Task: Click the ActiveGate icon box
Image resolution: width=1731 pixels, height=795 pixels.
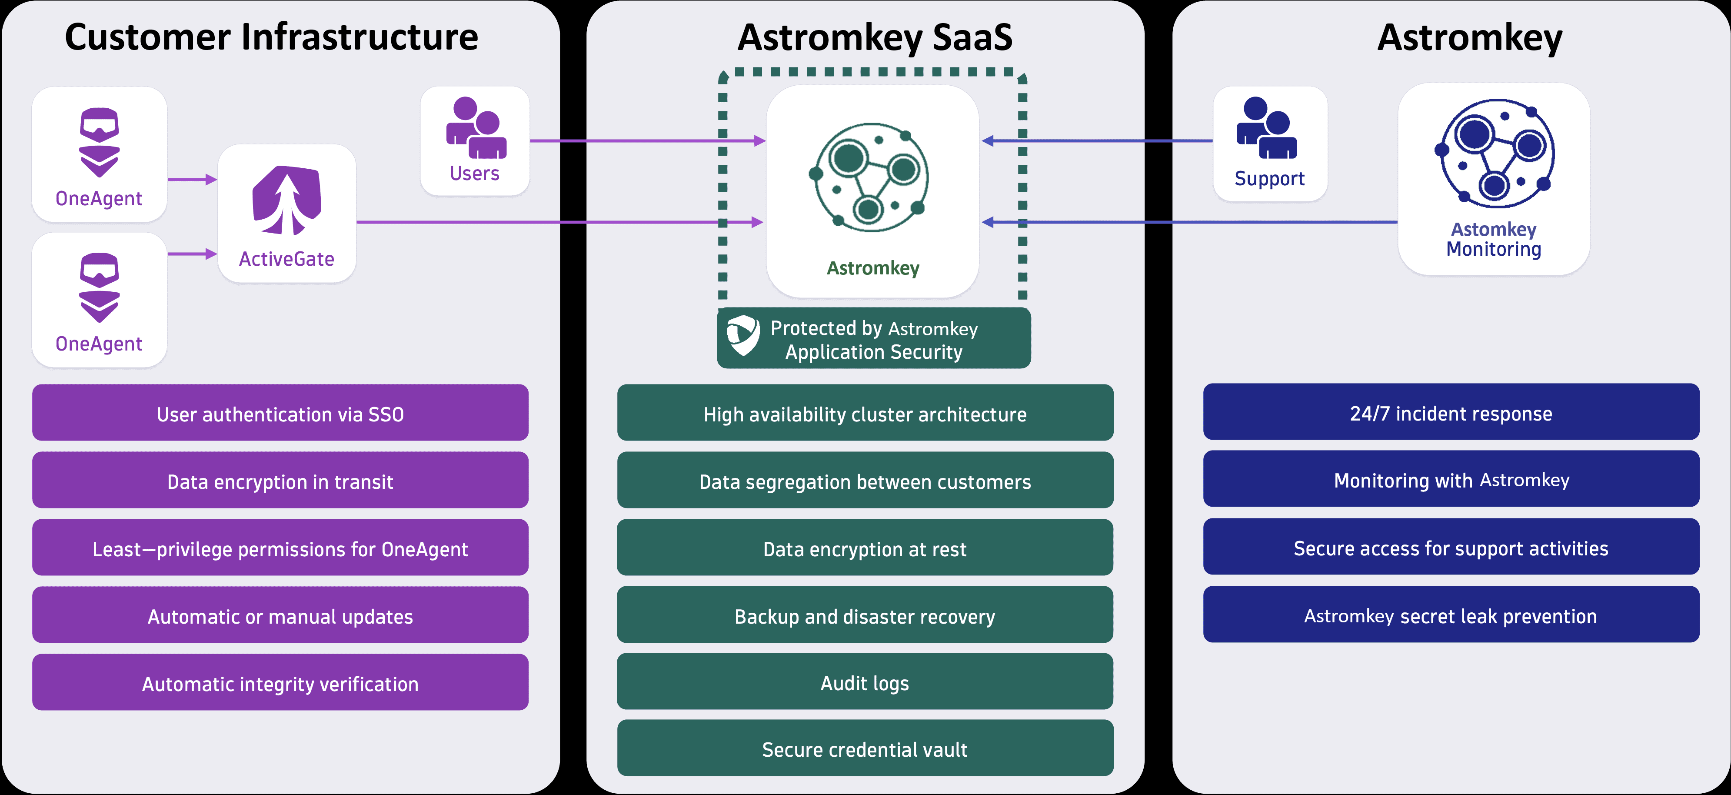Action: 287,214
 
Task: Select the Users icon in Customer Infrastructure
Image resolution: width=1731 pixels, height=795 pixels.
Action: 476,128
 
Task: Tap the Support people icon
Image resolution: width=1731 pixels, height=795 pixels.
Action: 1267,128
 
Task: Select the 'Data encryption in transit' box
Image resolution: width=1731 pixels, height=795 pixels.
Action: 280,481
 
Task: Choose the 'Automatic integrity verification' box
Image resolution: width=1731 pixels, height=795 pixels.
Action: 280,683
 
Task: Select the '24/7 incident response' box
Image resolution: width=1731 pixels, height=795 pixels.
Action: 1451,413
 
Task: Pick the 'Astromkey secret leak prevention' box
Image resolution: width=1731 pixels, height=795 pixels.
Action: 1451,615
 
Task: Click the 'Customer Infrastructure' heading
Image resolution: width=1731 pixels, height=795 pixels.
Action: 272,37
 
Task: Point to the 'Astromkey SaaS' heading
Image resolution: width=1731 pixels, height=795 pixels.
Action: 875,37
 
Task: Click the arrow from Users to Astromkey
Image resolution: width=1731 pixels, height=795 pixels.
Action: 645,141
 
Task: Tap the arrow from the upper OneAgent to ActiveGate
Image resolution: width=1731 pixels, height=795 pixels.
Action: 192,180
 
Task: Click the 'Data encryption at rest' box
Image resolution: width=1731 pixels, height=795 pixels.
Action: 865,548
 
